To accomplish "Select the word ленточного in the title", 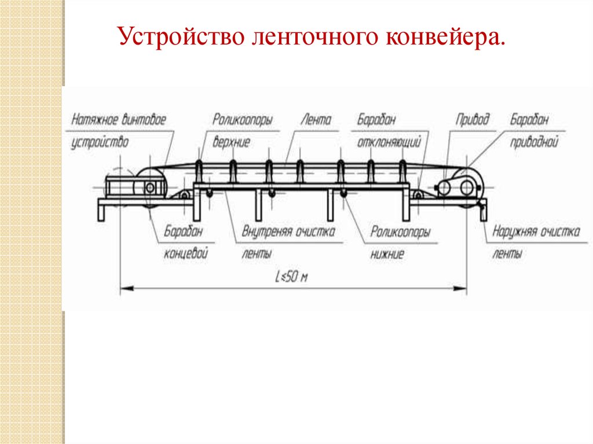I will [x=309, y=39].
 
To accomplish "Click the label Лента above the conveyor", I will [x=316, y=120].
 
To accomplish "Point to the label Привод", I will [x=472, y=120].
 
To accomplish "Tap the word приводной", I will [x=533, y=142].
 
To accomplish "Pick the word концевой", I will [x=186, y=254].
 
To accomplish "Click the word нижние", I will [x=387, y=254].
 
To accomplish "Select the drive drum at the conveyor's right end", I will [x=465, y=186].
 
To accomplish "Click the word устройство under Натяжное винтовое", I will [x=100, y=142].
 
